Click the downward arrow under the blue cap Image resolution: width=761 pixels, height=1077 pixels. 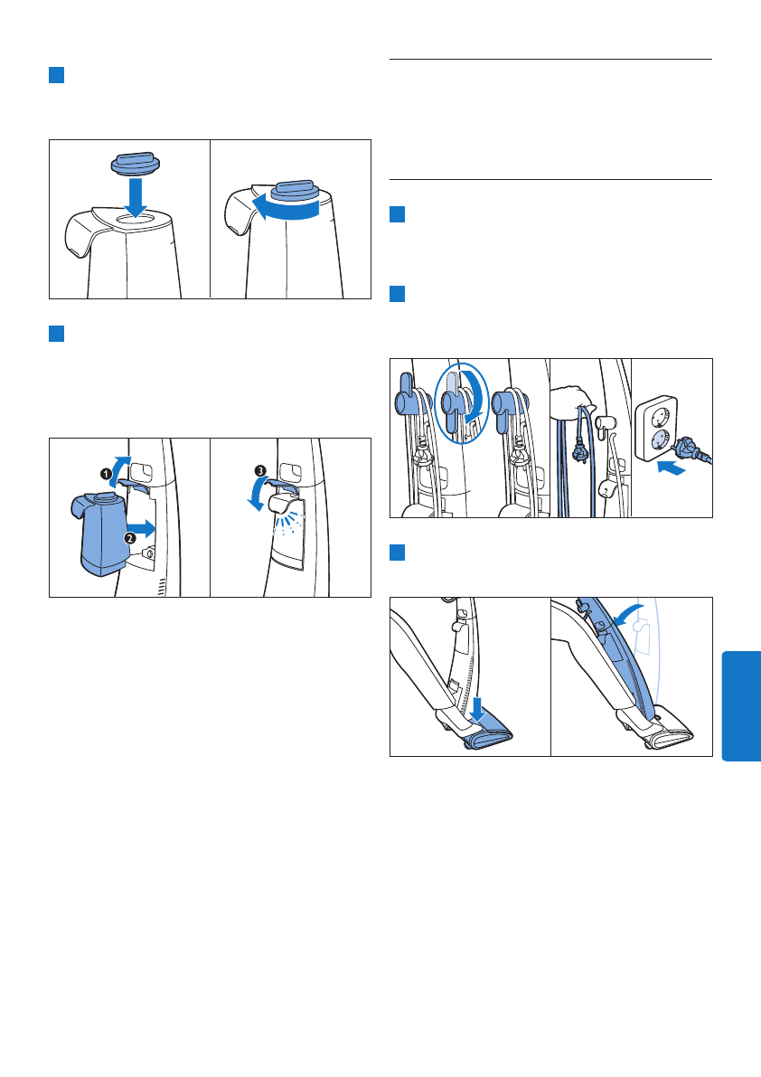(x=136, y=197)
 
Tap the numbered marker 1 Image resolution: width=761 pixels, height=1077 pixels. (x=107, y=473)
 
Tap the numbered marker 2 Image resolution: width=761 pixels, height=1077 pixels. (x=129, y=538)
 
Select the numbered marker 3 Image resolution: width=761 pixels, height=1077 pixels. (x=260, y=470)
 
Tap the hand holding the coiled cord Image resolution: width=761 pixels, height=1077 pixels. (x=572, y=400)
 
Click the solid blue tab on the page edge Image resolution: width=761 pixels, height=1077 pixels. (x=742, y=706)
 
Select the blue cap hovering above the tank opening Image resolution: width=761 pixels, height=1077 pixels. (x=136, y=165)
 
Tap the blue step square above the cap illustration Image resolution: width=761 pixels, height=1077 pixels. (x=56, y=75)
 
